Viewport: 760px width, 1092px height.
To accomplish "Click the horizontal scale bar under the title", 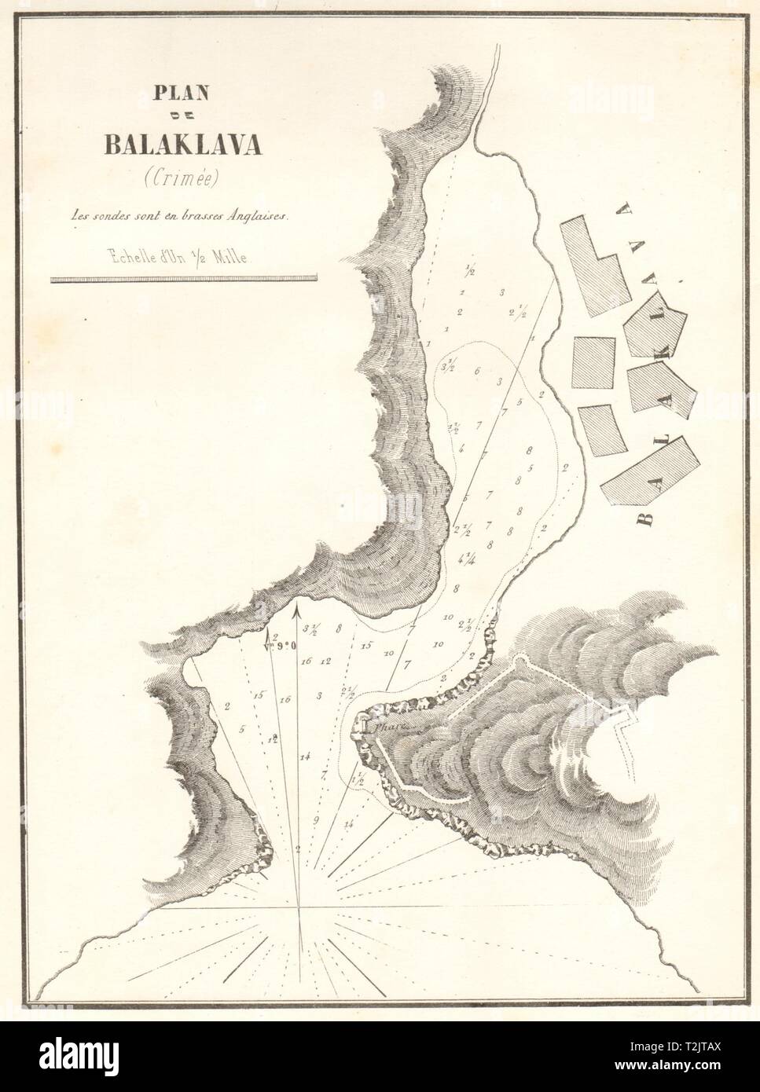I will [183, 277].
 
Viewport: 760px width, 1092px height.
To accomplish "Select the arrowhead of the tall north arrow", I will [296, 606].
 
